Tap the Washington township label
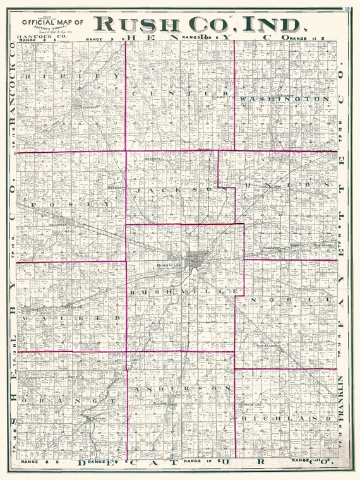coord(284,99)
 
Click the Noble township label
coord(291,297)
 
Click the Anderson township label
coord(183,388)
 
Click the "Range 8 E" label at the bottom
coord(31,464)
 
